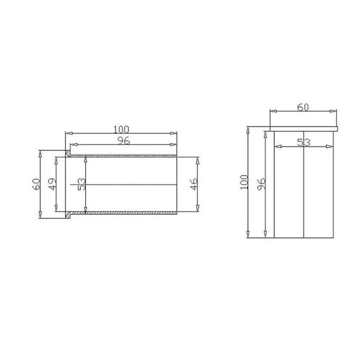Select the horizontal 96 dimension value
coord(124,140)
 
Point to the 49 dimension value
coord(52,184)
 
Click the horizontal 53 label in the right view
coord(304,142)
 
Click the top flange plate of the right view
coord(304,129)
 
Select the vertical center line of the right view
coord(304,192)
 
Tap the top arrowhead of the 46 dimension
coord(197,158)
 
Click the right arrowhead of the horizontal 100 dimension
coord(175,133)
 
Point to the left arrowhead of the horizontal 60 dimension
coord(272,111)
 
